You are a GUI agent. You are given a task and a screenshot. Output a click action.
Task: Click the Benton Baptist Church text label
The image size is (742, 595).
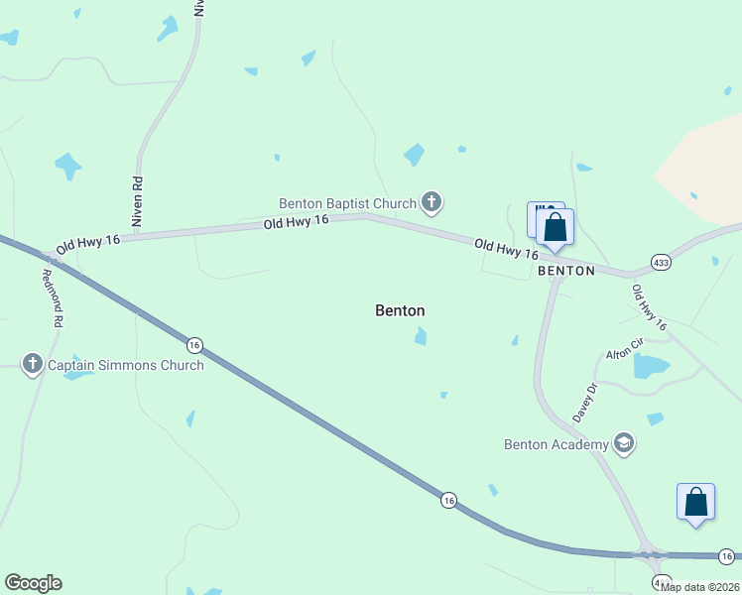click(x=347, y=203)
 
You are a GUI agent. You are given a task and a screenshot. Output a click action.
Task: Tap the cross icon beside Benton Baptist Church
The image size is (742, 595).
click(x=431, y=203)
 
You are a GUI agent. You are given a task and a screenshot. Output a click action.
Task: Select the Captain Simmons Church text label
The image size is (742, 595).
click(x=126, y=365)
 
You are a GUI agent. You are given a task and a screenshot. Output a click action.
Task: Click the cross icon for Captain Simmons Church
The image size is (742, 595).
click(x=32, y=365)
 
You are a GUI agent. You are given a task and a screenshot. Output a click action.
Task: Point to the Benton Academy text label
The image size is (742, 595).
click(x=555, y=444)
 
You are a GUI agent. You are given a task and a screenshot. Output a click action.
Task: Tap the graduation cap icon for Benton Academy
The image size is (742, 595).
click(x=624, y=443)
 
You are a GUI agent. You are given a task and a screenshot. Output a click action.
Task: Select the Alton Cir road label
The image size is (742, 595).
click(x=626, y=349)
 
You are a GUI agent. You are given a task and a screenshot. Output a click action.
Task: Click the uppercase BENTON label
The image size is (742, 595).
click(x=565, y=271)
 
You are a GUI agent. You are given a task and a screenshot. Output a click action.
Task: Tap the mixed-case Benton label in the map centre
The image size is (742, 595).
click(x=400, y=310)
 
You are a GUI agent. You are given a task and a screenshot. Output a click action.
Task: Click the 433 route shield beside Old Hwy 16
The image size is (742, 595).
click(x=662, y=262)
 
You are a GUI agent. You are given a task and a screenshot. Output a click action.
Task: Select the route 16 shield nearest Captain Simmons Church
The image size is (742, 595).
click(x=194, y=344)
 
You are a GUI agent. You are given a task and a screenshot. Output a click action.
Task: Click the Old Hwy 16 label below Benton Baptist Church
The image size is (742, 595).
click(x=296, y=223)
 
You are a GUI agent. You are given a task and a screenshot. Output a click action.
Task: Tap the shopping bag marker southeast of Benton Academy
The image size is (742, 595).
click(x=695, y=502)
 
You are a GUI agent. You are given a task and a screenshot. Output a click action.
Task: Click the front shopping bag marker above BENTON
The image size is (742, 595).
click(x=556, y=227)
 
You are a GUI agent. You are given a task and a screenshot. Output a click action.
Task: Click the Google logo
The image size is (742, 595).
click(x=33, y=583)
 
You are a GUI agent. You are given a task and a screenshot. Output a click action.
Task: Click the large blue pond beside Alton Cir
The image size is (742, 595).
click(x=650, y=366)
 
